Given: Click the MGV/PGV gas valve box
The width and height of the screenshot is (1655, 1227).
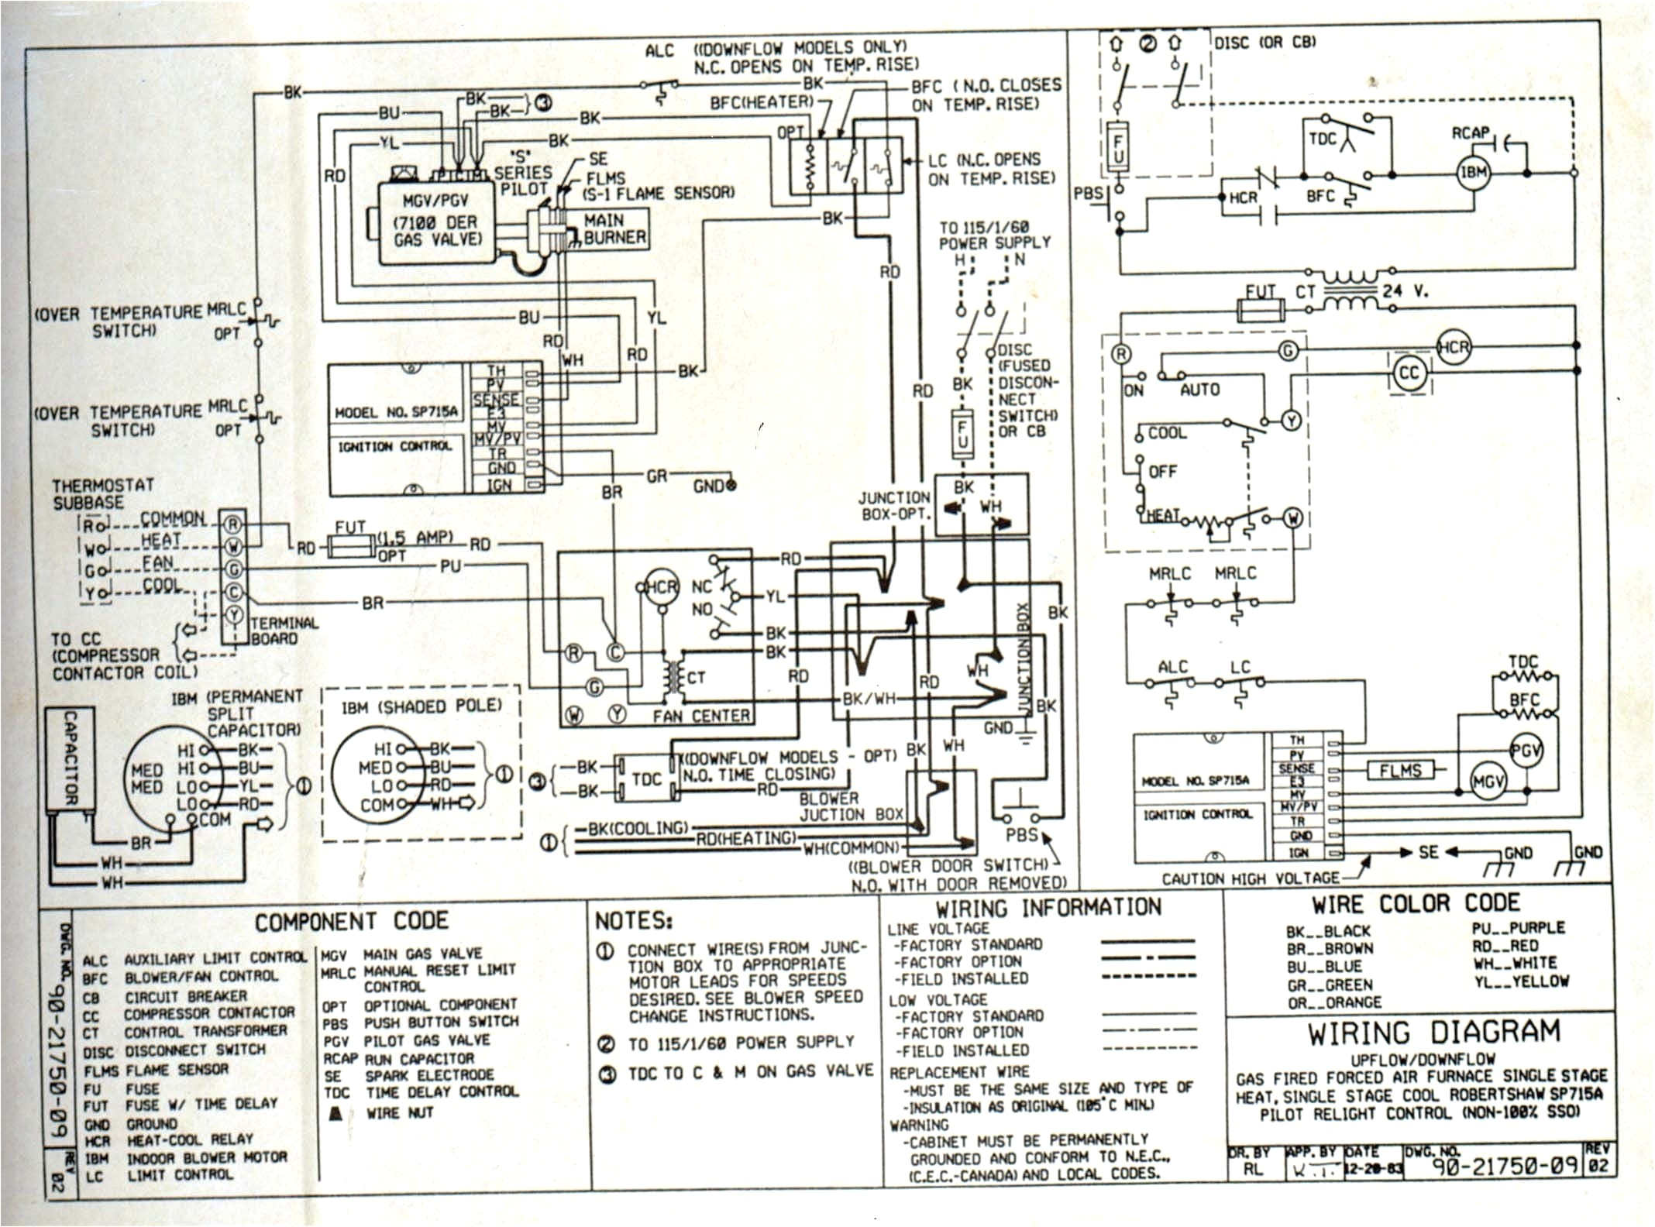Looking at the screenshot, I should (436, 224).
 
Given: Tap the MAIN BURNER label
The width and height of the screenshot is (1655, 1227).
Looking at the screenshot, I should (614, 229).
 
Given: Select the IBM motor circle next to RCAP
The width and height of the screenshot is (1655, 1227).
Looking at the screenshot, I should (1473, 173).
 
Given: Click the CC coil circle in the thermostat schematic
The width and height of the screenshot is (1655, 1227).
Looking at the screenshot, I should (1408, 374).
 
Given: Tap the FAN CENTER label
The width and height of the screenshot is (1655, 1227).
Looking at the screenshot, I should (700, 716).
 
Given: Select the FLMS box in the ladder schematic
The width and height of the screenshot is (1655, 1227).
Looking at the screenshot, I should (1399, 770).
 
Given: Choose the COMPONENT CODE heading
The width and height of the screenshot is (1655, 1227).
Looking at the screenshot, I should (352, 921).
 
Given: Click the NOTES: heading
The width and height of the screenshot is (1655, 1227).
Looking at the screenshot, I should (633, 920).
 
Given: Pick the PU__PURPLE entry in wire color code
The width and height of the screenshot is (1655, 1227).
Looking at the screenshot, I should (1518, 928).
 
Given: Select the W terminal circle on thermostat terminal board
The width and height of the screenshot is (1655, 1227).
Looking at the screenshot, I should (233, 548).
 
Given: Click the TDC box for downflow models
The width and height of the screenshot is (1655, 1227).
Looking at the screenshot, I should (646, 778).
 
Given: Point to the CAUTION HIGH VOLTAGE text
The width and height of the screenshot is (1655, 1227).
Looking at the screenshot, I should (1250, 878).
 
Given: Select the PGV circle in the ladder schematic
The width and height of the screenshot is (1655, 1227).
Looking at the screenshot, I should (1525, 751).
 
